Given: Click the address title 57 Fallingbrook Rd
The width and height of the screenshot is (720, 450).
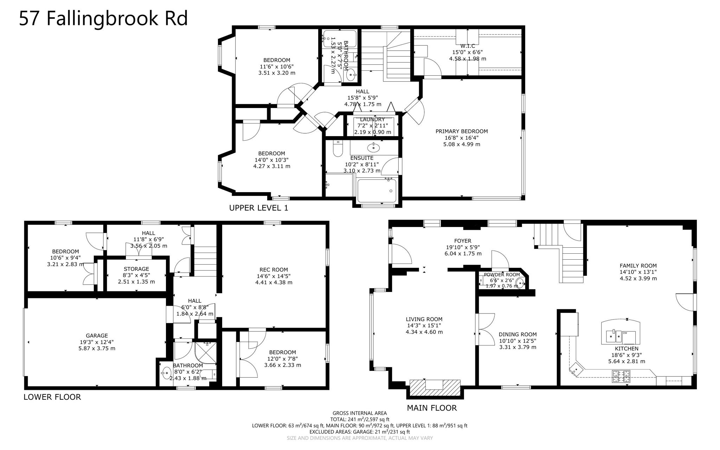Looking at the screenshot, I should coord(103,18).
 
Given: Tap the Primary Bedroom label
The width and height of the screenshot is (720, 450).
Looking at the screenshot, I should coord(462,131).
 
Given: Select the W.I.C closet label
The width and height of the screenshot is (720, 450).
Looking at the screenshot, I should coord(468,46).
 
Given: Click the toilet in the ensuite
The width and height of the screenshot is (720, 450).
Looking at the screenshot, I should coord(337,150).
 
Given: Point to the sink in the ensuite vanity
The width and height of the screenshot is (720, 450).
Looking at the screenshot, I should coord(373,147).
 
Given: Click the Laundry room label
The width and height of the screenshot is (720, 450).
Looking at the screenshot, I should coord(372,120).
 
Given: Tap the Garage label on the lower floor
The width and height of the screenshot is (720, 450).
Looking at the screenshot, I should coord(97,336).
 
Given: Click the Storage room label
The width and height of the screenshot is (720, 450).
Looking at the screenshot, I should coord(136,269).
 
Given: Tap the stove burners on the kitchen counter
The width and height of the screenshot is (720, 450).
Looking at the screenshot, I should coord(621,376).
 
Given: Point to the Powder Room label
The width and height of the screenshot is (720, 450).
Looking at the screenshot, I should coord(501,275).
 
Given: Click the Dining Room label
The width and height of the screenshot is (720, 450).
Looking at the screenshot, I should coord(517,335).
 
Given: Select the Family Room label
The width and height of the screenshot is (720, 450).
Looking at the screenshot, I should coord(638,266).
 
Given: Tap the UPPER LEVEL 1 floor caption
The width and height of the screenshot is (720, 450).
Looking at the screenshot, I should coord(258,208).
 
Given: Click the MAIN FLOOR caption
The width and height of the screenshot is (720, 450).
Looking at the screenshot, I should coord(432,408).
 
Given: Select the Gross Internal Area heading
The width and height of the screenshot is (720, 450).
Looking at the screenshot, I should coord(359,413).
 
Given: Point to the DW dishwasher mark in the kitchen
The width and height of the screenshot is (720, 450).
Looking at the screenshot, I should coord(625,333).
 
